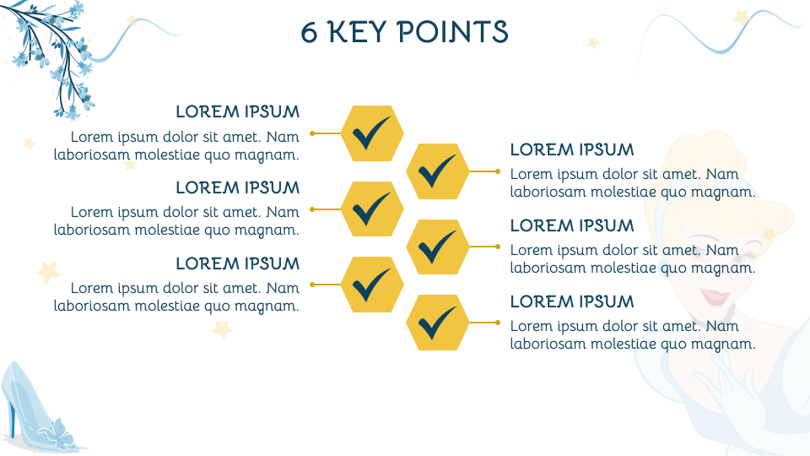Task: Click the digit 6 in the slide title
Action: coord(309,32)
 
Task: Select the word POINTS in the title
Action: coord(453,32)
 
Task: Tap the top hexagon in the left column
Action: coord(372,133)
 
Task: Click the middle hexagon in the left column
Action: coord(372,209)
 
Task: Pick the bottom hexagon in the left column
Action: coord(372,285)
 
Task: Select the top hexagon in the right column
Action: coord(438,171)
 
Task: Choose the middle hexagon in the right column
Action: coord(438,247)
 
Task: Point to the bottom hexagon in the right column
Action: coord(438,323)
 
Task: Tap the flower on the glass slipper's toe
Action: coord(59,434)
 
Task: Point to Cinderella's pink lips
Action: coord(715,296)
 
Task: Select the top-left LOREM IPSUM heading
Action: coord(238,111)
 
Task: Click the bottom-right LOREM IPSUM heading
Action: coord(572,301)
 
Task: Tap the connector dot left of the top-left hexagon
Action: coord(312,133)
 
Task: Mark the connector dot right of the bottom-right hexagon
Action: coord(498,323)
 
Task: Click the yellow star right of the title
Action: coord(593,42)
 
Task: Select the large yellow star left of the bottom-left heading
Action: coord(48,272)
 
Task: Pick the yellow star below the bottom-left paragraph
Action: coord(222,328)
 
